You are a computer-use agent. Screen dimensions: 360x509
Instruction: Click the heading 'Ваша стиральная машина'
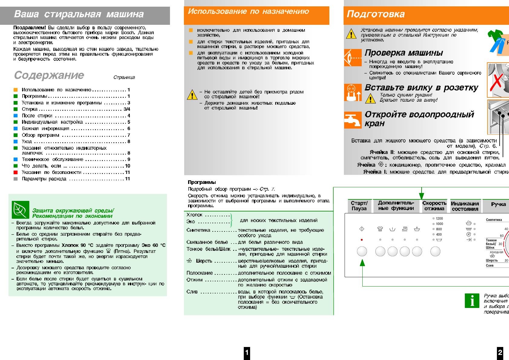[x=79, y=14]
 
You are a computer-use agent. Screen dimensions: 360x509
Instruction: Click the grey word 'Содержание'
[x=49, y=75]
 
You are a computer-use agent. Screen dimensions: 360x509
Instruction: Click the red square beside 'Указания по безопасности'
[x=16, y=172]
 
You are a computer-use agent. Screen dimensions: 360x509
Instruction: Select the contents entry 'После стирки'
[x=37, y=116]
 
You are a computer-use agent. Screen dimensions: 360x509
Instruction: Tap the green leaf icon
[x=21, y=210]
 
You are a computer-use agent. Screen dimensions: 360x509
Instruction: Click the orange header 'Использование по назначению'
[x=248, y=11]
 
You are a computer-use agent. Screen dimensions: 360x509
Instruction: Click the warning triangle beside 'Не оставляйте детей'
[x=192, y=95]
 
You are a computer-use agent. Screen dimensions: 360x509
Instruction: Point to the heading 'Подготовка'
[x=376, y=14]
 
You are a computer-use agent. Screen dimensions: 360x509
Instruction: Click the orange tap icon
[x=353, y=120]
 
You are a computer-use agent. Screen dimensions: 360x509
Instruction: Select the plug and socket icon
[x=353, y=93]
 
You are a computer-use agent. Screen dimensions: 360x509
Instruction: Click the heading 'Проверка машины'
[x=404, y=53]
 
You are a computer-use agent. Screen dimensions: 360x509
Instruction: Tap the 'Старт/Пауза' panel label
[x=359, y=206]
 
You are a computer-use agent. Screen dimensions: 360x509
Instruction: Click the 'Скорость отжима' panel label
[x=434, y=206]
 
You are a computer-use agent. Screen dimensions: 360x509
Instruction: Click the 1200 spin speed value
[x=439, y=218]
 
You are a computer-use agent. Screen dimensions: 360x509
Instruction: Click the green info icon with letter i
[x=472, y=301]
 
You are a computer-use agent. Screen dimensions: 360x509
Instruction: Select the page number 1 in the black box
[x=247, y=352]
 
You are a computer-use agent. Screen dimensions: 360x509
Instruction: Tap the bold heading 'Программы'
[x=202, y=182]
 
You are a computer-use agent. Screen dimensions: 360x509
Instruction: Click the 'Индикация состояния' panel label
[x=465, y=206]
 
